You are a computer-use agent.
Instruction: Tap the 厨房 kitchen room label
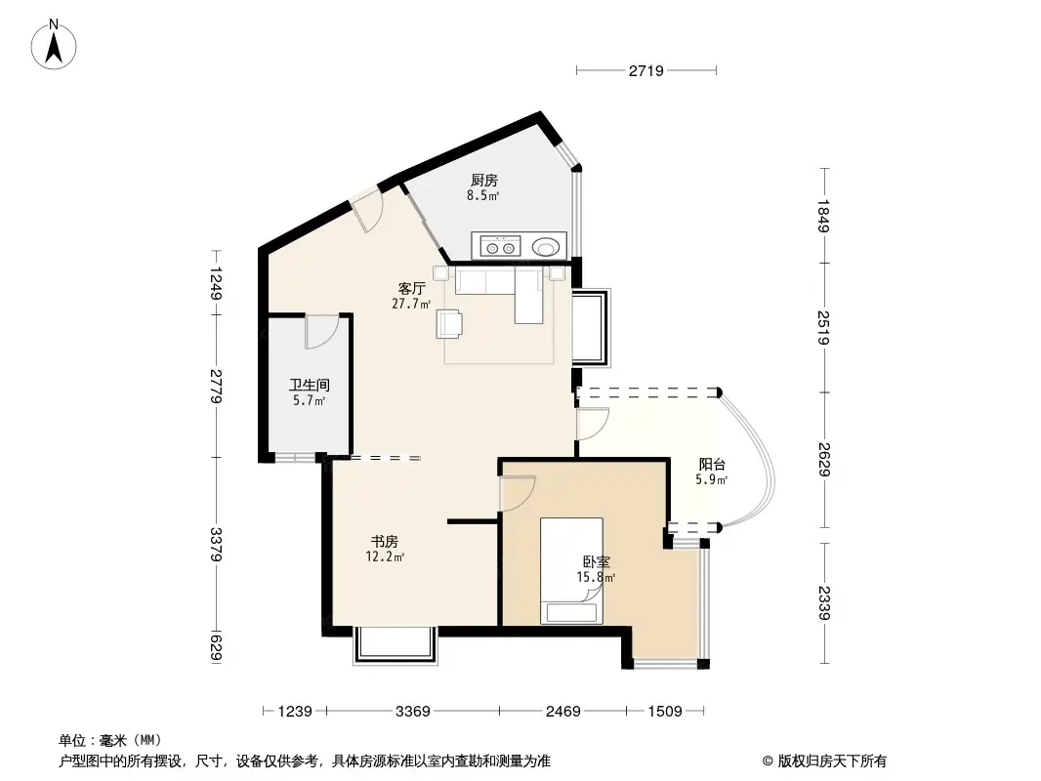click(x=483, y=181)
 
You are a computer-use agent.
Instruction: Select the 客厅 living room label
click(x=411, y=288)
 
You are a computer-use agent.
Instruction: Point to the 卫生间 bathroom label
click(x=309, y=386)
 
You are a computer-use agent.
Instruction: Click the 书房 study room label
click(x=384, y=541)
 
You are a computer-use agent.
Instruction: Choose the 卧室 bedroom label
click(x=597, y=562)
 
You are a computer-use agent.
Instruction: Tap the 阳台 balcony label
click(x=711, y=465)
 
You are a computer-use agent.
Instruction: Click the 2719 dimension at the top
click(x=646, y=70)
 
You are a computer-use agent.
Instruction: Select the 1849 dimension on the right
click(x=824, y=215)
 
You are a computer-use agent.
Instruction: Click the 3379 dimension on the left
click(x=216, y=544)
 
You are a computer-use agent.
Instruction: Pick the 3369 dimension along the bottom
click(x=412, y=712)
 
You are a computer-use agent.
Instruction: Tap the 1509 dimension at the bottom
click(x=663, y=712)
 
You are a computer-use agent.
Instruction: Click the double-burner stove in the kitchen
click(x=499, y=247)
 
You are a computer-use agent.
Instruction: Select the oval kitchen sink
click(x=547, y=247)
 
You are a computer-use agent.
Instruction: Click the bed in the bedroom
click(x=572, y=570)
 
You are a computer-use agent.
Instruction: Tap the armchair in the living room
click(x=450, y=323)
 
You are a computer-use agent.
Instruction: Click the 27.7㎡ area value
click(x=411, y=304)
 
